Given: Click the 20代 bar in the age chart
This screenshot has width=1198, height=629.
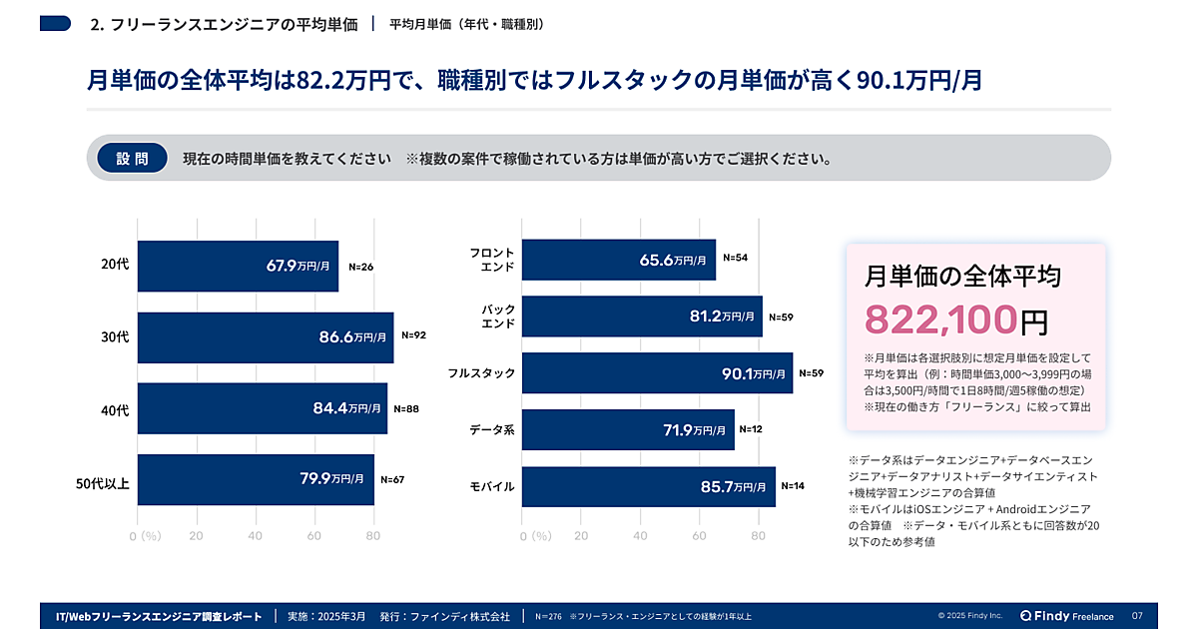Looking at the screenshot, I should click(238, 267).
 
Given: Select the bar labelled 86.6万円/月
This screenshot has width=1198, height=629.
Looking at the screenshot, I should click(265, 337).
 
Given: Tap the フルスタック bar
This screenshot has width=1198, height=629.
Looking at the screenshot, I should click(657, 373).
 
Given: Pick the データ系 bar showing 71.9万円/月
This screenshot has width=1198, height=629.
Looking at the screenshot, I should click(628, 430).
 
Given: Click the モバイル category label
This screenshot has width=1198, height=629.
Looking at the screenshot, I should click(492, 487).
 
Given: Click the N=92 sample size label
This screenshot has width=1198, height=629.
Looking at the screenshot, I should click(413, 335).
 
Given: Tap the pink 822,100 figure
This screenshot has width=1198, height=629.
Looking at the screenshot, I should click(940, 319).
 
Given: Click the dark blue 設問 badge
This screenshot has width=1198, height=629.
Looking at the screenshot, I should click(132, 159).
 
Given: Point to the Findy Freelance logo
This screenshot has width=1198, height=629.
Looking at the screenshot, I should click(1066, 615).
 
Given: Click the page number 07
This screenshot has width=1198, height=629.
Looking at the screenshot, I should click(1137, 615).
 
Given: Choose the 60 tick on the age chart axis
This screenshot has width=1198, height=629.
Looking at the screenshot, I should click(313, 536).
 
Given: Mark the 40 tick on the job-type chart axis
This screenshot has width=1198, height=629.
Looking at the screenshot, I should click(640, 536).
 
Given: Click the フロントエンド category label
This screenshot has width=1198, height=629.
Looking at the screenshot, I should click(492, 260).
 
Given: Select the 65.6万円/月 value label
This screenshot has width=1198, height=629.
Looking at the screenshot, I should click(673, 261).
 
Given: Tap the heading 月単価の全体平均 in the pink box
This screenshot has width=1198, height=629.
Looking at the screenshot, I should click(962, 276).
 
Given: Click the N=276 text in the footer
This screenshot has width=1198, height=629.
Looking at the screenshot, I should click(548, 616).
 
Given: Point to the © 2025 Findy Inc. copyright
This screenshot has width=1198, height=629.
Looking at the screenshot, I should click(970, 616).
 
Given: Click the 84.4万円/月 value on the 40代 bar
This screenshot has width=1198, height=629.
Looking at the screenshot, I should click(346, 408).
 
